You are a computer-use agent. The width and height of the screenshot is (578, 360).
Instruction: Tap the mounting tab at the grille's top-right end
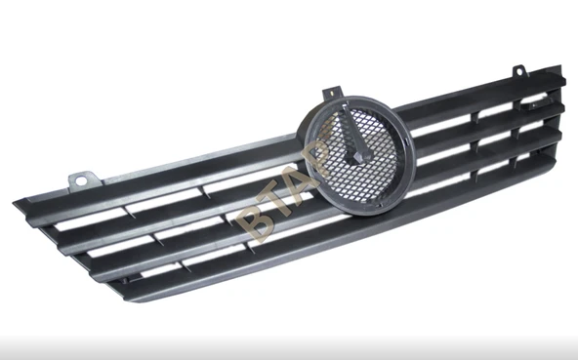pos(519,71)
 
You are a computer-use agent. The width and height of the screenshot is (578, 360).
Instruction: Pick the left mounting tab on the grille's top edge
pos(84,181)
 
